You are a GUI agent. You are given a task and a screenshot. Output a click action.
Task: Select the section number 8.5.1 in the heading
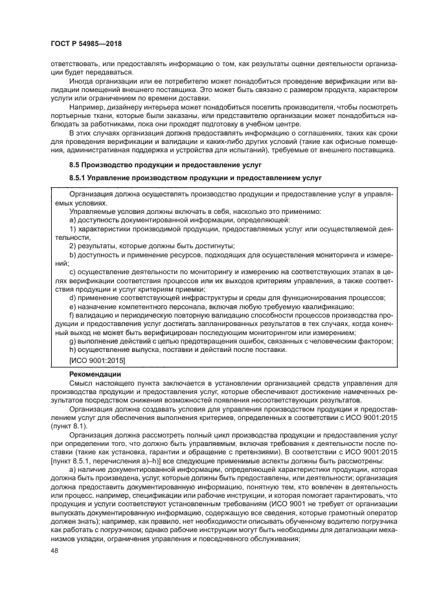(x=80, y=177)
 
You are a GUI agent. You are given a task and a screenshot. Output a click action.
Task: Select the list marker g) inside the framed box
(x=73, y=341)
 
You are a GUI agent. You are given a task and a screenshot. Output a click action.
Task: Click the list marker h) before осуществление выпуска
(x=73, y=349)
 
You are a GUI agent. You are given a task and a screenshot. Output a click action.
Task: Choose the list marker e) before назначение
(x=73, y=307)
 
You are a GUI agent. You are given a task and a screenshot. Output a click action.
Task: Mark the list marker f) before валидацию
(x=72, y=315)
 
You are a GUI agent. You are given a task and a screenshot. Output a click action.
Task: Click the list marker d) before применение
(x=73, y=297)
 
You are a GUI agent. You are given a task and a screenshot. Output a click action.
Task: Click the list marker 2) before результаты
(x=73, y=246)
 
